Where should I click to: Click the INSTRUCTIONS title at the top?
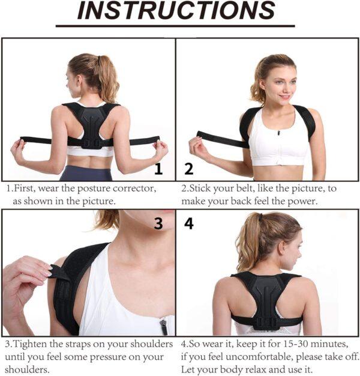click(176, 10)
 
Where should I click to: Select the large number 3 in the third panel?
click(158, 223)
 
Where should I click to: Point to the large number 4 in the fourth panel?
click(189, 223)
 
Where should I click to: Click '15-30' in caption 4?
click(298, 344)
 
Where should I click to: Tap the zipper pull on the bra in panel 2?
click(278, 133)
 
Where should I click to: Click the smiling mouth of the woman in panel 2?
click(285, 97)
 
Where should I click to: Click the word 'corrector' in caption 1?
click(134, 189)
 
